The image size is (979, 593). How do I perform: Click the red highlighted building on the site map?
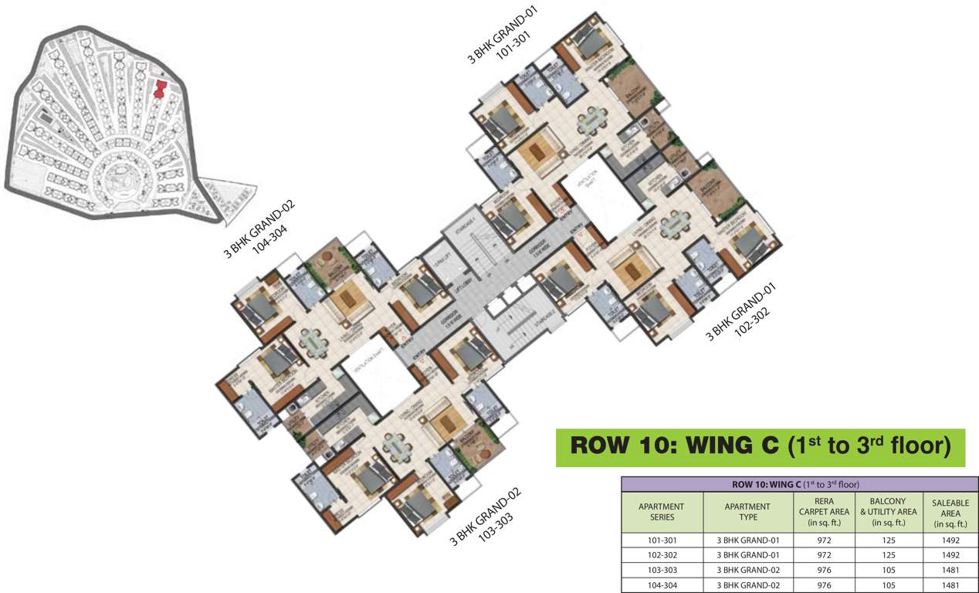point(160,89)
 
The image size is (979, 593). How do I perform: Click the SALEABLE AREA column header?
point(950,513)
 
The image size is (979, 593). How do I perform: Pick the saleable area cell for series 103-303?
point(950,570)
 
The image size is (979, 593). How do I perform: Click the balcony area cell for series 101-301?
point(888,540)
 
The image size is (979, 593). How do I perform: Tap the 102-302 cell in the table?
point(662,555)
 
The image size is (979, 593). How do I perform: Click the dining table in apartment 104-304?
point(312,340)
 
